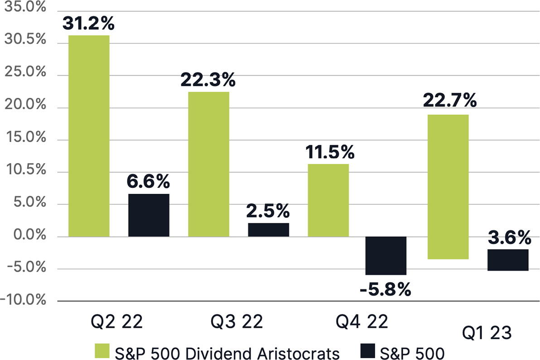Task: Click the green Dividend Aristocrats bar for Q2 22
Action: pyautogui.click(x=89, y=136)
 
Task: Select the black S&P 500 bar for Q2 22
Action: pyautogui.click(x=149, y=215)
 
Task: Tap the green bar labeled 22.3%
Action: pyautogui.click(x=208, y=164)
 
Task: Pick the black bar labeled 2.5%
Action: pyautogui.click(x=268, y=230)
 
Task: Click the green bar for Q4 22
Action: pyautogui.click(x=328, y=200)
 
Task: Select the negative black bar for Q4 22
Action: pyautogui.click(x=386, y=255)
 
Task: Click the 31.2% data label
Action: pyautogui.click(x=88, y=23)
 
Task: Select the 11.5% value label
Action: pyautogui.click(x=328, y=152)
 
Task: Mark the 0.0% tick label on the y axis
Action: pyautogui.click(x=26, y=236)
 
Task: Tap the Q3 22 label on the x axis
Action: pyautogui.click(x=237, y=323)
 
